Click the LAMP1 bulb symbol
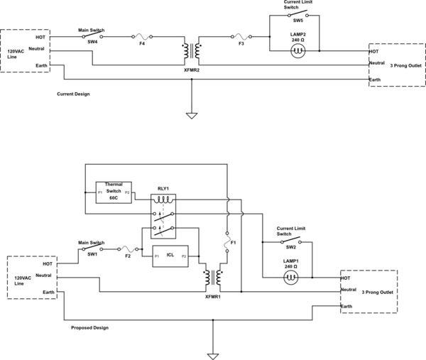290,278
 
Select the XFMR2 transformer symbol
190,51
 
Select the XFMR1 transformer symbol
212,278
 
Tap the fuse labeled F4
142,36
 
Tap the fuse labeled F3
241,36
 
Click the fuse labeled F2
128,248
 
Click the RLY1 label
163,190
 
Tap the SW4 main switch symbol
92,36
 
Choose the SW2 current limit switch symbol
290,241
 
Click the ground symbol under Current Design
190,114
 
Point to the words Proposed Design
89,328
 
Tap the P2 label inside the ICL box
184,256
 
